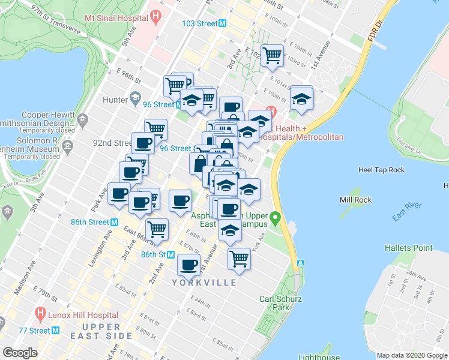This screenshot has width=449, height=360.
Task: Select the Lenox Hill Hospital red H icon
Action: coord(40,313)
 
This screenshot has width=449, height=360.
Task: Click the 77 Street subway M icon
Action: coord(55,330)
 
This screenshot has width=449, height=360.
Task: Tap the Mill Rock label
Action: coord(354,200)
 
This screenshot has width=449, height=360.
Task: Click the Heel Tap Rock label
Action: coord(381,170)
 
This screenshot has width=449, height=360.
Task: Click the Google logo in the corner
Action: coord(20,353)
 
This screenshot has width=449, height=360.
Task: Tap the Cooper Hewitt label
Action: coord(47,115)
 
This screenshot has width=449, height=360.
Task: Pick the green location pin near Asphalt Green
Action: coord(276,217)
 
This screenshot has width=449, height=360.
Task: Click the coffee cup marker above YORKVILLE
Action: coord(189,263)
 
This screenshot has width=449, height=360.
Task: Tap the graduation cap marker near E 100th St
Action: coord(301,98)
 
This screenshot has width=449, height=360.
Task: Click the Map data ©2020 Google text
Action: coord(412,355)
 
